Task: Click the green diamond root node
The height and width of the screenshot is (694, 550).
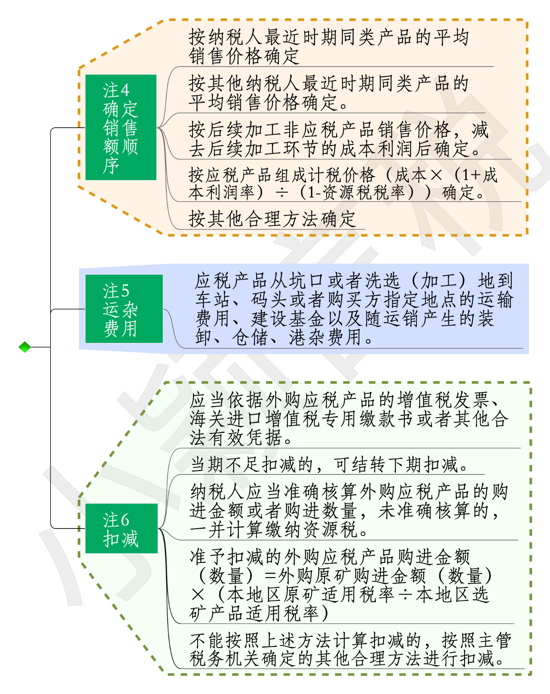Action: coord(25,347)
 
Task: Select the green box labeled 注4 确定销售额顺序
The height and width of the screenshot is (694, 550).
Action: coord(121,127)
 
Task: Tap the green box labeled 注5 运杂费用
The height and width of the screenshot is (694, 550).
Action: coord(124,309)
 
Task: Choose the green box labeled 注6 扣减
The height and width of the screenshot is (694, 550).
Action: coord(121,528)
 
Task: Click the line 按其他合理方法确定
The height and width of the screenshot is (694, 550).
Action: coord(272,219)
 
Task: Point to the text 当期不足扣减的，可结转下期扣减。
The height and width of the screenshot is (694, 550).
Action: coord(329,465)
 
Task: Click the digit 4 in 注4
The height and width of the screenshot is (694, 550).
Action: coord(125,91)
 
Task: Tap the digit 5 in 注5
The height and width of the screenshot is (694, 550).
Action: coord(125,291)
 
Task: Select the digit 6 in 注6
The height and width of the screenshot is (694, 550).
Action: coord(125,520)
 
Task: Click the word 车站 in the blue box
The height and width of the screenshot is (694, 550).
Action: coord(214,300)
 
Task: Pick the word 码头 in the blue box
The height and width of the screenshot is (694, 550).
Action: coord(270,300)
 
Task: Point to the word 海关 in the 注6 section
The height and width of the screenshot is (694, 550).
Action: coord(208,419)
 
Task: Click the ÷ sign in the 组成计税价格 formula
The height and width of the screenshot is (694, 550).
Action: coord(282,193)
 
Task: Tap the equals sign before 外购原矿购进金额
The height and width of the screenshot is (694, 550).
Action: coord(270,576)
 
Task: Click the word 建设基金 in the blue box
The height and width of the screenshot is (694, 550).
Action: coord(288,318)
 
